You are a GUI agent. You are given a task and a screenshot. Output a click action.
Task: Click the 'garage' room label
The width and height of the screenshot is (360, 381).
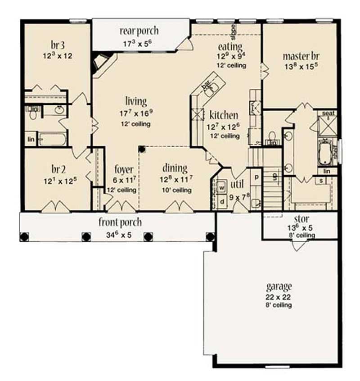(279, 286)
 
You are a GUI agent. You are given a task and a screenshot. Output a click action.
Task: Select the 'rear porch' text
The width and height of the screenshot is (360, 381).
(139, 31)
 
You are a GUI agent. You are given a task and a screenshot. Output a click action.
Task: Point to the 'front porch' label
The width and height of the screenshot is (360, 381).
(120, 222)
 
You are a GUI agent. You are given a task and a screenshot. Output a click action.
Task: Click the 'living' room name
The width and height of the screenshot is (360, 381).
(136, 101)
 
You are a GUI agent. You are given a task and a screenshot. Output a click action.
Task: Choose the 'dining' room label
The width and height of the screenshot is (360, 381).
(175, 168)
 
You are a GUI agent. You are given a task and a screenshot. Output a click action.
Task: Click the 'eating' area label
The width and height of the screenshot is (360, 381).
(230, 46)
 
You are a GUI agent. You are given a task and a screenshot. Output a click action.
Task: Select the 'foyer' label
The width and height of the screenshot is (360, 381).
(123, 170)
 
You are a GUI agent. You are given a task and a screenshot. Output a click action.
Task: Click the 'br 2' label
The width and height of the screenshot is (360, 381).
(58, 169)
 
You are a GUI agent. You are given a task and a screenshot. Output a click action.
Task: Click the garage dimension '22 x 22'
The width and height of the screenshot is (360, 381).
(279, 297)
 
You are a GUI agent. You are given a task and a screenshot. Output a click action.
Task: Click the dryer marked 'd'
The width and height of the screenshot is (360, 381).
(221, 201)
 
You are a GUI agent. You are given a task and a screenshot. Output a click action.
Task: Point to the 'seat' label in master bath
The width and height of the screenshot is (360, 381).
(328, 113)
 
